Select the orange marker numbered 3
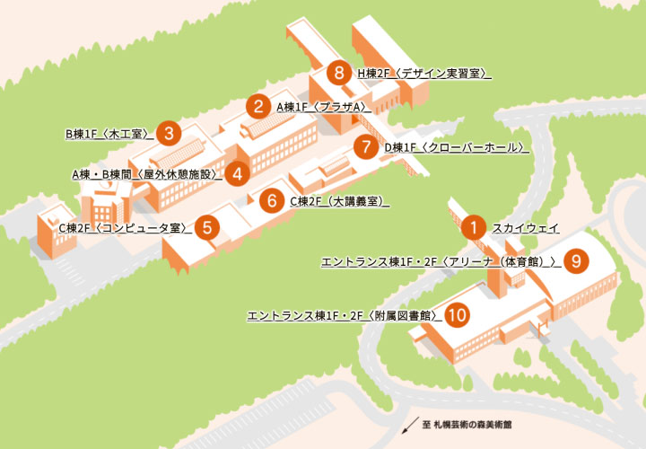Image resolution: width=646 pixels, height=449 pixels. click(168, 134)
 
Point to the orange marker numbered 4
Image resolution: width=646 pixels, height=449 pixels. click(237, 174)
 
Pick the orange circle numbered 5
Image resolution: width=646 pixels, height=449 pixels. click(207, 227)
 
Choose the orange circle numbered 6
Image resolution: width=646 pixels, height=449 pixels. click(272, 200)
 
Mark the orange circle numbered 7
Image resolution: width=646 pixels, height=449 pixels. click(365, 146)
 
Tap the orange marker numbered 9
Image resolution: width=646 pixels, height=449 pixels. click(576, 261)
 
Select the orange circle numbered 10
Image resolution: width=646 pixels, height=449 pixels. click(457, 315)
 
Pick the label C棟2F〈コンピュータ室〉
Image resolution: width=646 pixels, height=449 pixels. click(124, 228)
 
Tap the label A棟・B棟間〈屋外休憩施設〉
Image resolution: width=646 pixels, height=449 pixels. click(146, 174)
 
